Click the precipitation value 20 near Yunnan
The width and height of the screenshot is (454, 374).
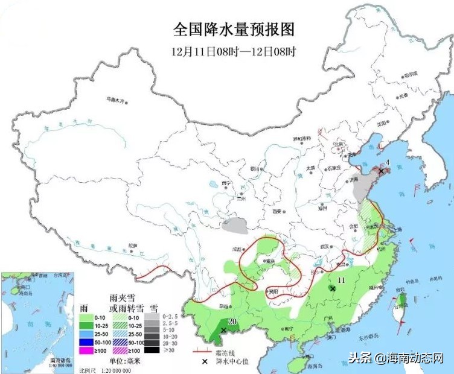[x=232, y=321]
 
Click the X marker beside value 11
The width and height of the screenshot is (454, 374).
[x=332, y=289]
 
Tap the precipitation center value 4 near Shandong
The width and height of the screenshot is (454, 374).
[x=388, y=163]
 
